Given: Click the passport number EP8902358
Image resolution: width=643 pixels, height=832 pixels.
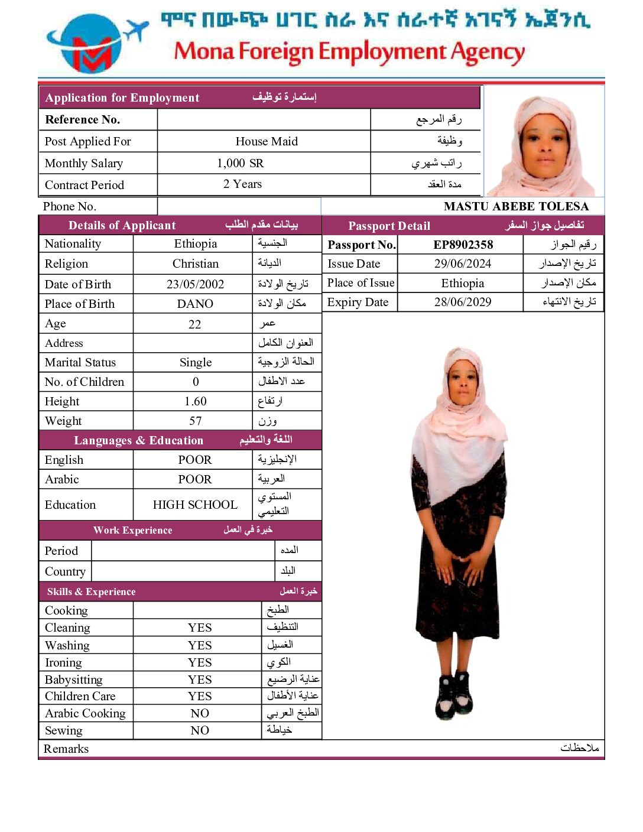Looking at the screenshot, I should point(463,245).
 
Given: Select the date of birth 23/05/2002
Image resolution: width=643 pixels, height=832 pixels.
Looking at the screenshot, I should point(195,284).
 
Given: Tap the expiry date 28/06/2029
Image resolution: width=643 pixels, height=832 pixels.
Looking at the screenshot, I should point(463,302).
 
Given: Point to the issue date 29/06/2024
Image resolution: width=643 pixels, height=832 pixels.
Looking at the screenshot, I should point(463,264).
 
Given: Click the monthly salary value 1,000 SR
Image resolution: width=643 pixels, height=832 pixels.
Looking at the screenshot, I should point(240,163).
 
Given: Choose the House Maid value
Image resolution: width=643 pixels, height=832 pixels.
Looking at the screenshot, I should point(267,141).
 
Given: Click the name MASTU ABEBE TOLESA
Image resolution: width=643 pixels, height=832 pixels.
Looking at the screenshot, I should point(516,206).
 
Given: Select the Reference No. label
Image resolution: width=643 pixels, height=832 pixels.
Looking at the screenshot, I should point(83,119).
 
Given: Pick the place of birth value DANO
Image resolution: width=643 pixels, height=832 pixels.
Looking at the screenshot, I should point(195,304).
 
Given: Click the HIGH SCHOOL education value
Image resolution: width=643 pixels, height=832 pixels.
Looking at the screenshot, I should point(195,505).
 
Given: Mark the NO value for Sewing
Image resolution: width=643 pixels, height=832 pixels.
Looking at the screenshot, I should point(200,730).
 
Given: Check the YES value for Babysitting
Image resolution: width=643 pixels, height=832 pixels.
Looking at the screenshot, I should point(200,680).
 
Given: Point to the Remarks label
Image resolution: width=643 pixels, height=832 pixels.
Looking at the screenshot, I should point(66,749).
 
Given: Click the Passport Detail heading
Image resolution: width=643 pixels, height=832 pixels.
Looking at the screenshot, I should point(389,226).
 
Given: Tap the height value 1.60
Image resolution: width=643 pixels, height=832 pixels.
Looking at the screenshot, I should point(195,401).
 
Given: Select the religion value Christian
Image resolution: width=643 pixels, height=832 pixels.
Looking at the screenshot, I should point(195,264).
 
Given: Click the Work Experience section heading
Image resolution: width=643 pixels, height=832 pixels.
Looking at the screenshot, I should point(133,530).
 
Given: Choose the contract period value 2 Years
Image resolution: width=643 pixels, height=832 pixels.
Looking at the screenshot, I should point(242,184).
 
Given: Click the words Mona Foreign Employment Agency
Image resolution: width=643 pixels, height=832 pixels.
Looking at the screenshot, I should point(349,52).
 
